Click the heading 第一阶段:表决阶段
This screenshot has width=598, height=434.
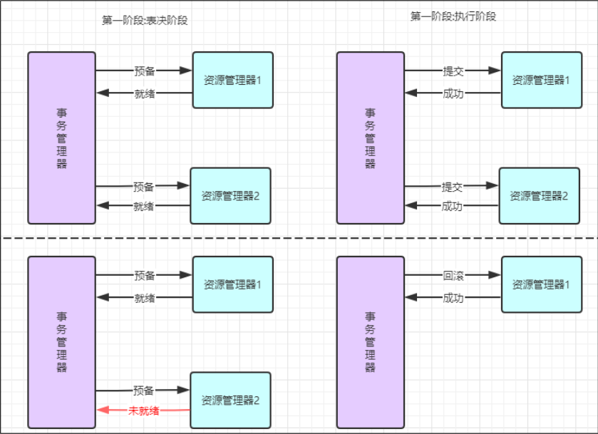point(145,20)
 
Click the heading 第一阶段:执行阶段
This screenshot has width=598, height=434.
point(453,16)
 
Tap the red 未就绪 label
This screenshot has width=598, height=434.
point(144,410)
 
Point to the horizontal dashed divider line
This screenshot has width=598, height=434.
point(299,238)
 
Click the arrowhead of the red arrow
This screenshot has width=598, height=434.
point(101,410)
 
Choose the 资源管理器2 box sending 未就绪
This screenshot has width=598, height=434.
point(231,401)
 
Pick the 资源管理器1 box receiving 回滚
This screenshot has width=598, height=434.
point(536,284)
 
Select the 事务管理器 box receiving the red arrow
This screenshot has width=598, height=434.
point(61,341)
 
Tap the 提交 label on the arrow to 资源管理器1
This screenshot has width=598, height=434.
point(453,71)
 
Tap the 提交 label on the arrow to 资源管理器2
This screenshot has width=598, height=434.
point(452,187)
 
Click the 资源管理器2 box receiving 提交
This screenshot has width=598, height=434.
point(534,195)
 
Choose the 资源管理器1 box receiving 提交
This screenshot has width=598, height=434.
point(536,80)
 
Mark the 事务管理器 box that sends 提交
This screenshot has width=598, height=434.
point(370,138)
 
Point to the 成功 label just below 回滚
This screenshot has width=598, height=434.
point(453,298)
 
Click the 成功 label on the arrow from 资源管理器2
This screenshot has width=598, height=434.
point(452,207)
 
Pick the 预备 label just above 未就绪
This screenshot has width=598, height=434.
point(144,391)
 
